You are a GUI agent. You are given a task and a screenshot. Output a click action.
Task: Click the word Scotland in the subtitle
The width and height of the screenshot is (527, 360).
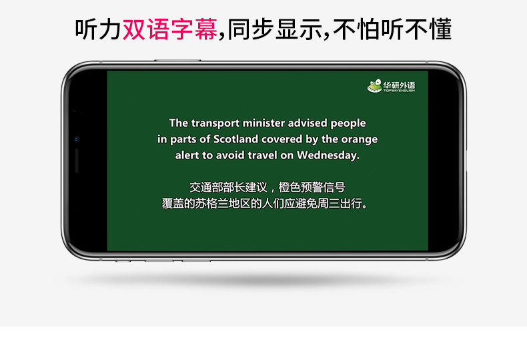[235, 139]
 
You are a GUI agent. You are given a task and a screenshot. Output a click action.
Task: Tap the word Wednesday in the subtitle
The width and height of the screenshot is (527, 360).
[328, 155]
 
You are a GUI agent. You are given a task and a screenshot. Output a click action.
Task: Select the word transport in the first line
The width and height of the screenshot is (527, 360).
[215, 123]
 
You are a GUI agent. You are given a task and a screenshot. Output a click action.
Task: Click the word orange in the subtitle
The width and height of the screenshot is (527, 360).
[360, 140]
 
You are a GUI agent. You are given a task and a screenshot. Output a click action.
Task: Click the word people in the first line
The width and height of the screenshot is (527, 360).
[348, 123]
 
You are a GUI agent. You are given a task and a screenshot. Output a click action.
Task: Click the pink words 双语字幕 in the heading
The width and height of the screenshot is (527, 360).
[170, 29]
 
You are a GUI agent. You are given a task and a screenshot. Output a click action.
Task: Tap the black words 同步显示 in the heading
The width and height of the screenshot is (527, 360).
[275, 29]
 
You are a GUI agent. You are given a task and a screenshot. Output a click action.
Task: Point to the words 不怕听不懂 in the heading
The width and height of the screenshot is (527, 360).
[392, 29]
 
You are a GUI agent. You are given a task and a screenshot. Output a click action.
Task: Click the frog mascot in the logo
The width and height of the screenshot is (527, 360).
[374, 86]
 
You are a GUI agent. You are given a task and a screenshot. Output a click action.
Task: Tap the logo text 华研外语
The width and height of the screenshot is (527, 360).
[399, 85]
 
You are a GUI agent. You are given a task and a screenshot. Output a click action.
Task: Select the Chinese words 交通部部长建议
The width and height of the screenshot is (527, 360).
[228, 187]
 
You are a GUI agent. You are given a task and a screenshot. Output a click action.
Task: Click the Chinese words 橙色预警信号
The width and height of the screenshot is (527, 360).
[312, 187]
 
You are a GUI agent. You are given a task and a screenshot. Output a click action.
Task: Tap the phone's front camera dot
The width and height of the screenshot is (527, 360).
[77, 139]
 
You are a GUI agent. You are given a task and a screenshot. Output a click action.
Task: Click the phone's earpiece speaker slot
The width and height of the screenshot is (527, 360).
[77, 161]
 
